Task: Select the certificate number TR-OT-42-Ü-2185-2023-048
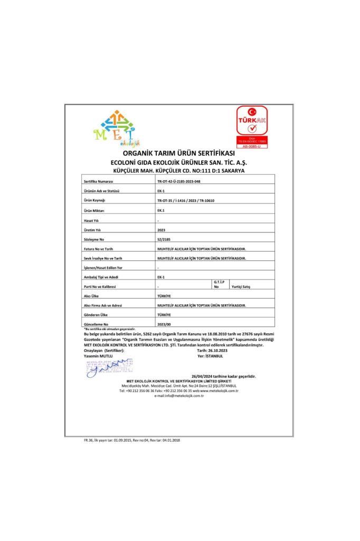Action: coord(179,181)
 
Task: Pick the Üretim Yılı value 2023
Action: coord(162,230)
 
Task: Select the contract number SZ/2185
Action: coord(164,240)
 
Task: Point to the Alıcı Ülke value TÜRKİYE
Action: coord(164,296)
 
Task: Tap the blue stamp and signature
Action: coord(109,368)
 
